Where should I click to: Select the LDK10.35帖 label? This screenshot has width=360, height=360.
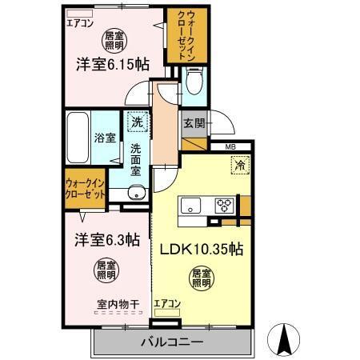203,247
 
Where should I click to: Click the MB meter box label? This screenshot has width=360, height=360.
230,146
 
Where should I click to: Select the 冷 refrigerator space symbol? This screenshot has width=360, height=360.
238,166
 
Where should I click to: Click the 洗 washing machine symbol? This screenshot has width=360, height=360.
137,122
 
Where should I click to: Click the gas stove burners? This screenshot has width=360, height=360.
222,205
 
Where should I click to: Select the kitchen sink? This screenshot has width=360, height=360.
192,205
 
